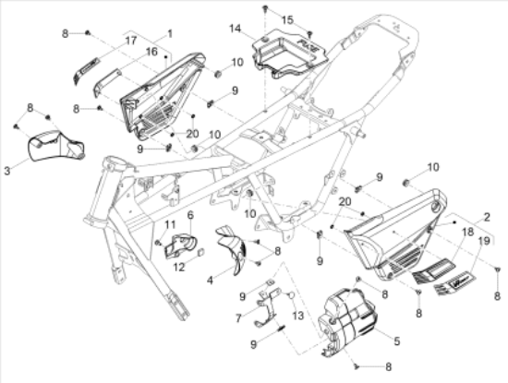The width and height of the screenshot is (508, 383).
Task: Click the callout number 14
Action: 236,29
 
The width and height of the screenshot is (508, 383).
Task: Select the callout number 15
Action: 287,20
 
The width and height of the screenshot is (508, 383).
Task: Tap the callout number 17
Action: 130,41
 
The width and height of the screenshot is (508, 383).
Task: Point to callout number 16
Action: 151,52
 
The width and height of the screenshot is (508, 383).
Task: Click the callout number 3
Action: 7,171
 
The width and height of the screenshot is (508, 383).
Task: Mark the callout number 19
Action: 484,241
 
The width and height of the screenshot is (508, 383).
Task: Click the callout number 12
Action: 178,267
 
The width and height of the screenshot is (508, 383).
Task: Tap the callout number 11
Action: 170,224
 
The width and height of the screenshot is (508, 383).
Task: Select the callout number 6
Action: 190,215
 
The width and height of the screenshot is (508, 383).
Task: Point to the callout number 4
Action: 210,280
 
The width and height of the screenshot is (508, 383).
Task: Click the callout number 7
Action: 239,318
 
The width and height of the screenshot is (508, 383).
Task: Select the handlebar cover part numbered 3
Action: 56,146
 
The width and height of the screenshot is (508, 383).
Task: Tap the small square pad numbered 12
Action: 200,252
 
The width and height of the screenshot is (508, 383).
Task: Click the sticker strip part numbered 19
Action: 454,283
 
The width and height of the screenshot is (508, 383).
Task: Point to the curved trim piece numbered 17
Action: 85,71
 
